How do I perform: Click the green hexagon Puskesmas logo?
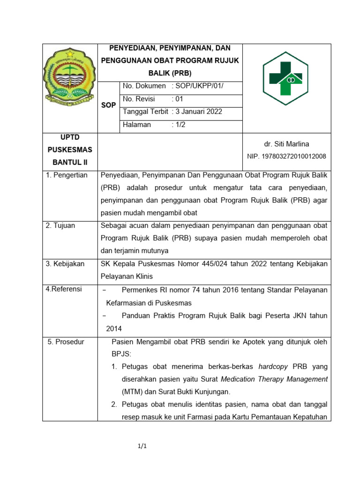(x=285, y=78)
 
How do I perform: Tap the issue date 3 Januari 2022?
(x=197, y=112)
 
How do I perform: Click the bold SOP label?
(x=108, y=105)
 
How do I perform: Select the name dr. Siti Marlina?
(x=286, y=144)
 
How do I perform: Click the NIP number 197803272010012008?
(x=286, y=156)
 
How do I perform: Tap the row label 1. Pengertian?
(x=67, y=175)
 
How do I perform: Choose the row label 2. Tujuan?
(x=60, y=225)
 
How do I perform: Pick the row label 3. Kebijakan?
(x=65, y=263)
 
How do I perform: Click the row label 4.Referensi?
(x=64, y=289)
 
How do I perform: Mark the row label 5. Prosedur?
(x=66, y=342)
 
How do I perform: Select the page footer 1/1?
(x=142, y=446)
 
